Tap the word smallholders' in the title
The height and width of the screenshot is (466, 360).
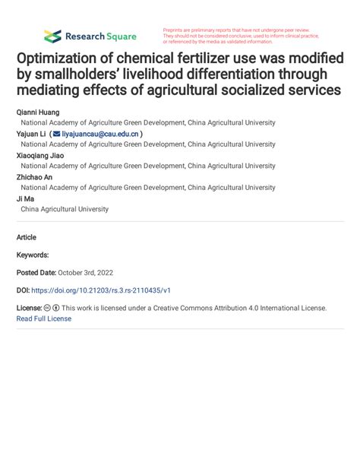coord(91,74)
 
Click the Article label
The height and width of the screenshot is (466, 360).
coord(27,237)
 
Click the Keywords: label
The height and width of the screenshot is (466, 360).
coord(33,255)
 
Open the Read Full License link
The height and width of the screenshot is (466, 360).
coord(43,319)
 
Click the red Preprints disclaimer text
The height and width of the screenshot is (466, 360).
coord(242,35)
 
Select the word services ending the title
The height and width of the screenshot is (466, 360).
coord(310,90)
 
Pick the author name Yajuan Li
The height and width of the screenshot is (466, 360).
coord(31,133)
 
